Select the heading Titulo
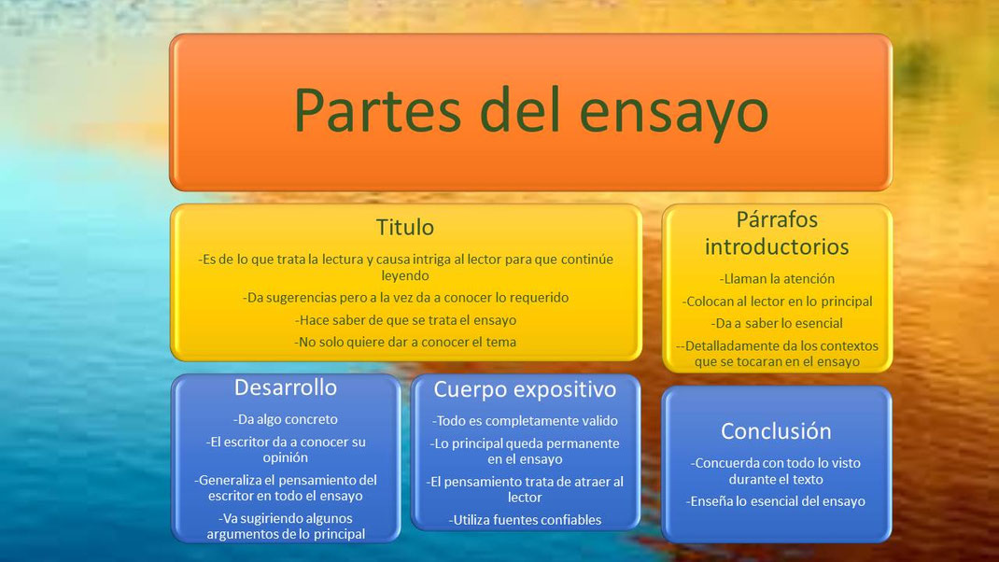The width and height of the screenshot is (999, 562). point(404,228)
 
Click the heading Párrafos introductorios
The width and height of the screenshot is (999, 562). point(777,233)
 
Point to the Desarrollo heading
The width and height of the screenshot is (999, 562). point(286,387)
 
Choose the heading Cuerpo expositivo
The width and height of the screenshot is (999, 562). point(524,389)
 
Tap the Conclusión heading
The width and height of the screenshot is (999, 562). point(776,431)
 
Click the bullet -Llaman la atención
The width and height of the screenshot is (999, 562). point(777,278)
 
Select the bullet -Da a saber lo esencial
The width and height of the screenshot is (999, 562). point(777,323)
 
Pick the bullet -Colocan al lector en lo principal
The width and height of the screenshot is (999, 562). point(777,301)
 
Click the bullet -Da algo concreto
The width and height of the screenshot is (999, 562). point(286,419)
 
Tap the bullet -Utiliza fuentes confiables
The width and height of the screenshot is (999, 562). point(525,520)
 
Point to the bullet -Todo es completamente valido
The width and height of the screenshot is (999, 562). point(525,421)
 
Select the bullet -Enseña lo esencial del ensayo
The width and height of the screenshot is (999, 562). point(777,501)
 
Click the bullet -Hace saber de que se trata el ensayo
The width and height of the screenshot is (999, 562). point(405,319)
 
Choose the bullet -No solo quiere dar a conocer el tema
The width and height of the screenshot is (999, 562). point(405,342)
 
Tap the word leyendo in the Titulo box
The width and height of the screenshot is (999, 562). point(405,276)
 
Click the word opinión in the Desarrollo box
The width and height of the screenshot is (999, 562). point(286,458)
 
